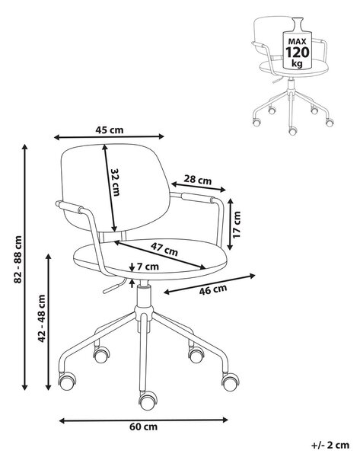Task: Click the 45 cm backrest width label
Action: [x=110, y=129]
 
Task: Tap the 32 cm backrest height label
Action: [x=115, y=182]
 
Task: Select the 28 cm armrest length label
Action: [x=198, y=180]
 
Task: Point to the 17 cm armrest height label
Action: [x=237, y=225]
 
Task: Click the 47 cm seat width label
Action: [x=164, y=249]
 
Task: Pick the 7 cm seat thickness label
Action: [x=148, y=267]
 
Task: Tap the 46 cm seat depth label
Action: [x=213, y=289]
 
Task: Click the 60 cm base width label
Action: [x=143, y=427]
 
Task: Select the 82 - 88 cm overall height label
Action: [x=18, y=260]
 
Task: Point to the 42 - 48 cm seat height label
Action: [x=42, y=318]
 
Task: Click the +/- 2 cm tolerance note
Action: [x=330, y=446]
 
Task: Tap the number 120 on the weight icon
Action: [x=297, y=53]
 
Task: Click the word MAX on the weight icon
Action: [x=297, y=41]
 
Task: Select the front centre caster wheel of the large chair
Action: [x=148, y=401]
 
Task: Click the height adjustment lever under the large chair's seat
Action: [x=114, y=286]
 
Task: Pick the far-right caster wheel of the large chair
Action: [x=231, y=382]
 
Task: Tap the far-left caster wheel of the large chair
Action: [x=67, y=381]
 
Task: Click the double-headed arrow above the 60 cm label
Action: [x=143, y=420]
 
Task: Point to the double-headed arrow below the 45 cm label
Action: [x=110, y=136]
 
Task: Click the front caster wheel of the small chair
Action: [x=293, y=130]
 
